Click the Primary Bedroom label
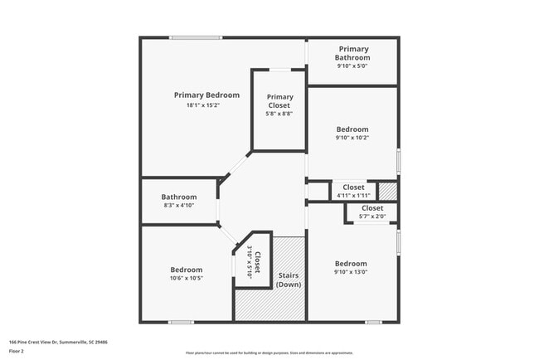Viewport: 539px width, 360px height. tap(206, 95)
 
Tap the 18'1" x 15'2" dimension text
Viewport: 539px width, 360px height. tap(206, 105)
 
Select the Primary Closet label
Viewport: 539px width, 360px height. tap(279, 101)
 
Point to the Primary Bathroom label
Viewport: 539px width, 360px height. tap(352, 54)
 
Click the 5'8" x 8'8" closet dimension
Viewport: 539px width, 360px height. tap(279, 114)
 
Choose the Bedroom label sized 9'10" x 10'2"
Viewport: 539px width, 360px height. tap(352, 129)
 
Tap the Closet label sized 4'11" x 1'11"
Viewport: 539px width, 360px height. tap(353, 187)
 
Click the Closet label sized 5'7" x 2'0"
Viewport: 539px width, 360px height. tap(372, 208)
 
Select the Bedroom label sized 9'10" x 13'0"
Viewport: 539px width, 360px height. tap(351, 264)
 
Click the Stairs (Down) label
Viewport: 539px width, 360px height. tap(289, 280)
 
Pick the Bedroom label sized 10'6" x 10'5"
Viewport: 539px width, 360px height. tap(187, 270)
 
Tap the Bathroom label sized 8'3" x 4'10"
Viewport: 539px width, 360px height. tap(178, 197)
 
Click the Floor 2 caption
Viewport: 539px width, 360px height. tap(17, 350)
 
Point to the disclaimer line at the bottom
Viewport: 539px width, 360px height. tap(269, 352)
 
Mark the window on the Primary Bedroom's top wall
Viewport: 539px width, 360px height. tap(196, 37)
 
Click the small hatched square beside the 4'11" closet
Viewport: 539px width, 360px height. tap(387, 190)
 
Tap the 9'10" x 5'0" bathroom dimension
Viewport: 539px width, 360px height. tap(352, 66)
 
